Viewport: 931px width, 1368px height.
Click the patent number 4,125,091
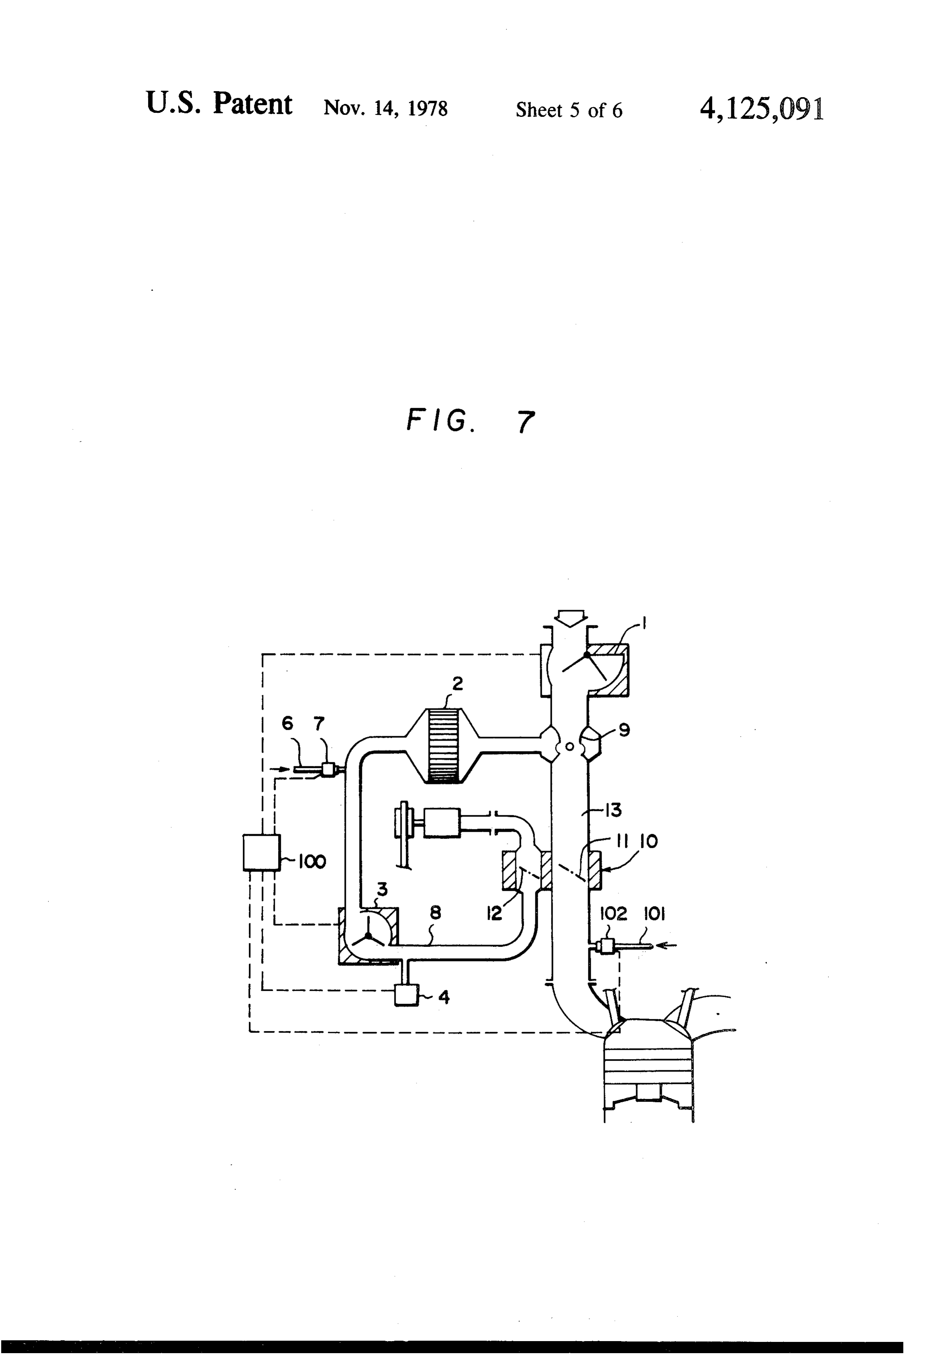click(762, 108)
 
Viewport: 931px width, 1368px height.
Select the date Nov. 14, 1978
click(386, 109)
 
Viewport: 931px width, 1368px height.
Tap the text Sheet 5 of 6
click(569, 110)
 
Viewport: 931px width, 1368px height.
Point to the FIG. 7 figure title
click(471, 421)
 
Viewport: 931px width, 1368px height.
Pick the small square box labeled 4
click(405, 995)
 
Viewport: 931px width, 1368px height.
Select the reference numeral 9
click(625, 731)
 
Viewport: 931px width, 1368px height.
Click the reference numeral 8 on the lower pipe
click(435, 913)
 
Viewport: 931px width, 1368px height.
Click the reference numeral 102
click(613, 914)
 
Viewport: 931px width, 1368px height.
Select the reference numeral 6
click(287, 723)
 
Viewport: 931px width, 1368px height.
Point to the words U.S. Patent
click(219, 104)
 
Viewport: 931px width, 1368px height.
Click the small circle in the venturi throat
click(569, 746)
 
